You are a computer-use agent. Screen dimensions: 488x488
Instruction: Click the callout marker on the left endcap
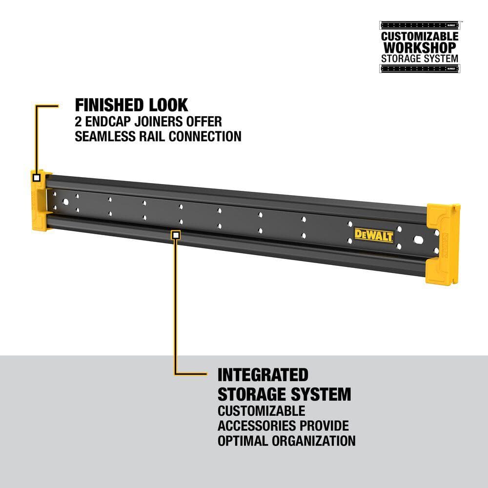37,178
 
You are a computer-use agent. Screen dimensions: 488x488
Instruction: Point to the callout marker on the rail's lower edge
176,235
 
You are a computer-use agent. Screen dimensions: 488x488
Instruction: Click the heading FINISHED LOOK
131,105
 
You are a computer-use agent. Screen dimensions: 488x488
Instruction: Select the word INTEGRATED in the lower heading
263,375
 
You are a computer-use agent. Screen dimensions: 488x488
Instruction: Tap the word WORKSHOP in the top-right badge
420,48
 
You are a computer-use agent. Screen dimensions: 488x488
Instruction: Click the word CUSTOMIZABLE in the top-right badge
420,37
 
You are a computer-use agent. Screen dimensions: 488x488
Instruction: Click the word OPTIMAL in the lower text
240,441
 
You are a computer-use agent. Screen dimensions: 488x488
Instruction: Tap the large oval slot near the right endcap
419,241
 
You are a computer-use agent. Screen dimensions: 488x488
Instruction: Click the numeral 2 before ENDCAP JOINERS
78,122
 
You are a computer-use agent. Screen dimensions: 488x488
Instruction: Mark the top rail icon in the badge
420,25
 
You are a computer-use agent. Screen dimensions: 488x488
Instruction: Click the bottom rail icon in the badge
420,68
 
